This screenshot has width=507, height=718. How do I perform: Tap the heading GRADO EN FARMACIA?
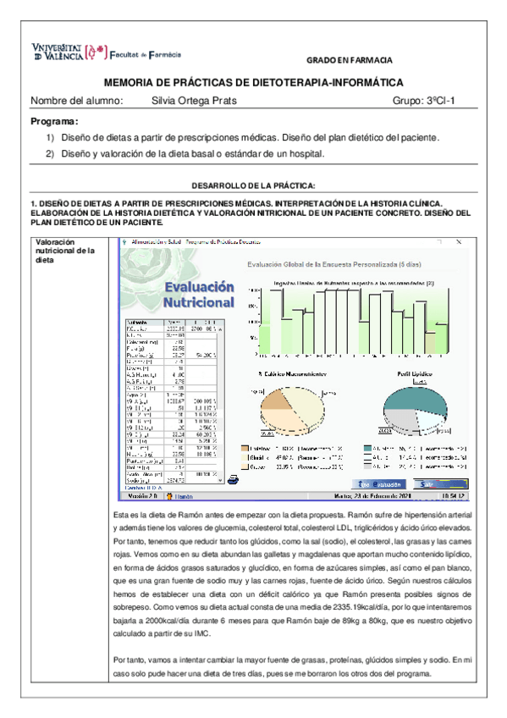348,62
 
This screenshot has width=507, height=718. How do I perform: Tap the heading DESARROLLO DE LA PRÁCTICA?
253,185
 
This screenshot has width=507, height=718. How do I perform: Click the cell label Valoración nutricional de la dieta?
62,251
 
